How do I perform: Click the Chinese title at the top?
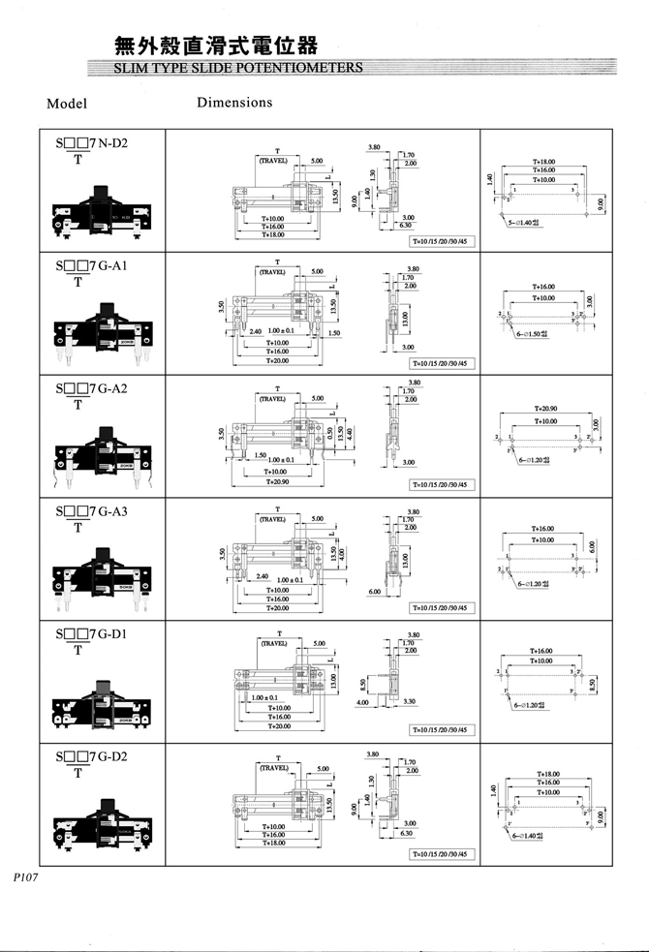(214, 46)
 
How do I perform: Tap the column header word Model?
(67, 104)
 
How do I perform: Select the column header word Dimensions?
(234, 102)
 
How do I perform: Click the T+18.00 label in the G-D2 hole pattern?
(548, 775)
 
